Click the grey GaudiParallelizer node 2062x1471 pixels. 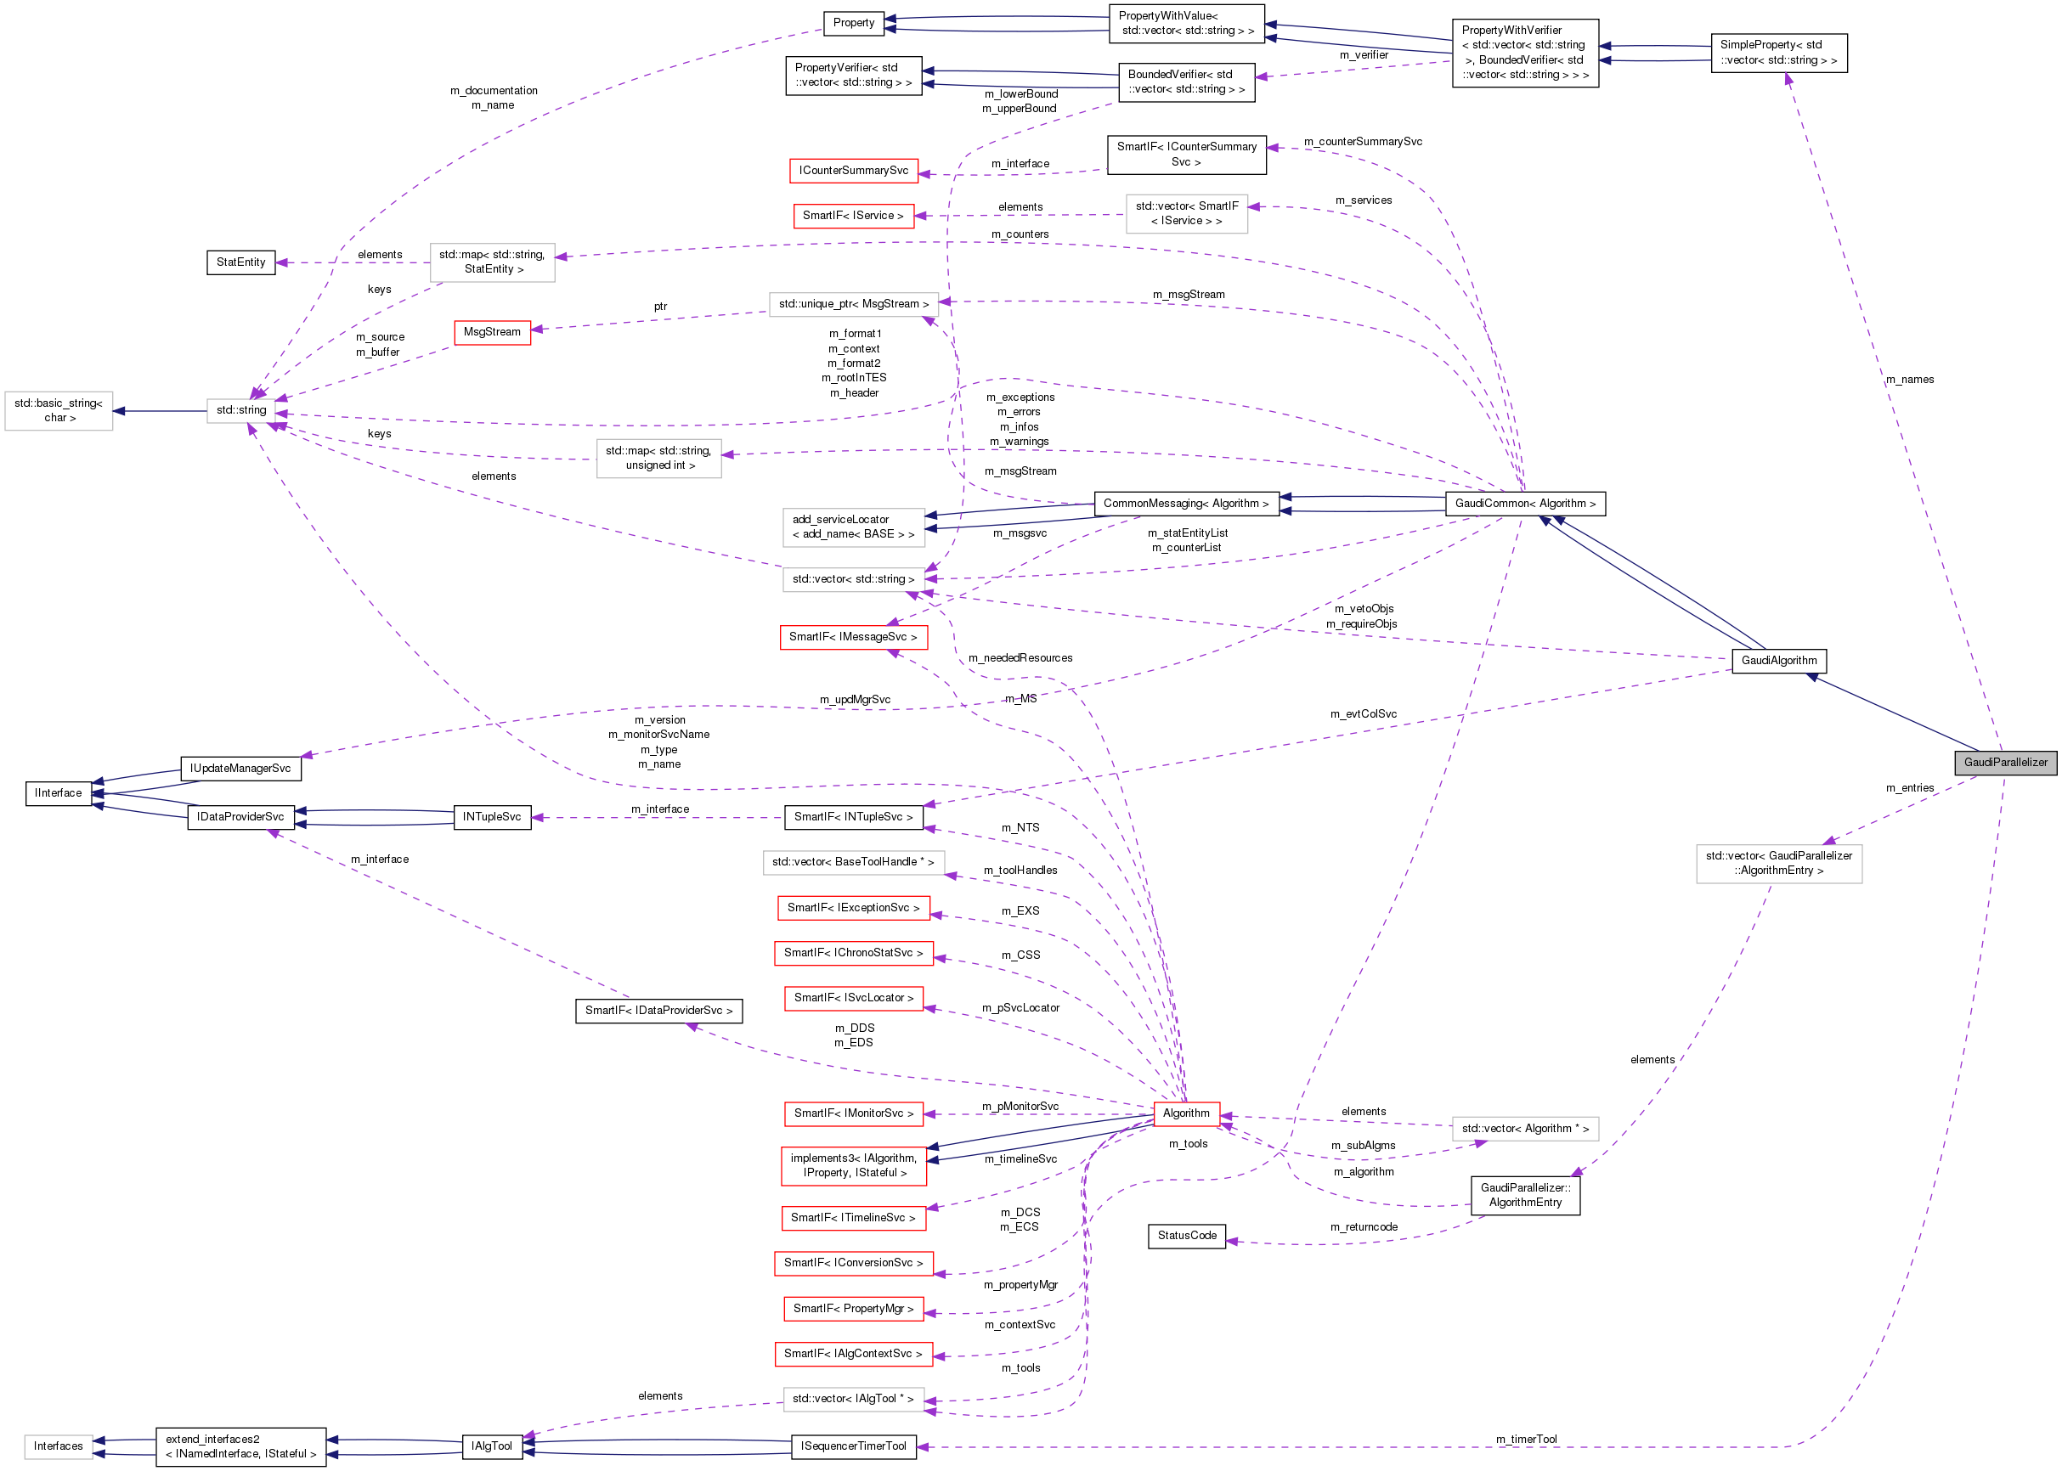[2005, 763]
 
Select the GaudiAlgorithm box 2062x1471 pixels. [1777, 660]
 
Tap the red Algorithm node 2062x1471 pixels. [1185, 1113]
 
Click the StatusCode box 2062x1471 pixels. [1186, 1236]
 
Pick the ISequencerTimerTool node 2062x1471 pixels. [852, 1446]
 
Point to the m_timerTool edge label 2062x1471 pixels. [1526, 1440]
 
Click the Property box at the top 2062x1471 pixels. [852, 23]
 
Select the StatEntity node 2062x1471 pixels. [240, 262]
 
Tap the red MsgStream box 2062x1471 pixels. [492, 332]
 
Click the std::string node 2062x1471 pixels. [241, 410]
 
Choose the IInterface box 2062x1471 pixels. [58, 793]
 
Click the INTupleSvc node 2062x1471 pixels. [491, 817]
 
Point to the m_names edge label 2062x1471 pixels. [1909, 380]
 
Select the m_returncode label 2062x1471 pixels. [1363, 1227]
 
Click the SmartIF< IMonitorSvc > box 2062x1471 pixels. [852, 1113]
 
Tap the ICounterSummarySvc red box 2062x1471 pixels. [852, 171]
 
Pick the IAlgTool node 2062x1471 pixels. [491, 1446]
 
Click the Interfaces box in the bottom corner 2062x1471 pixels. [58, 1446]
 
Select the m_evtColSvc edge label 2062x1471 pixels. [1363, 713]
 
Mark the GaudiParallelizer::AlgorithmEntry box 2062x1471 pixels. [1525, 1195]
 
